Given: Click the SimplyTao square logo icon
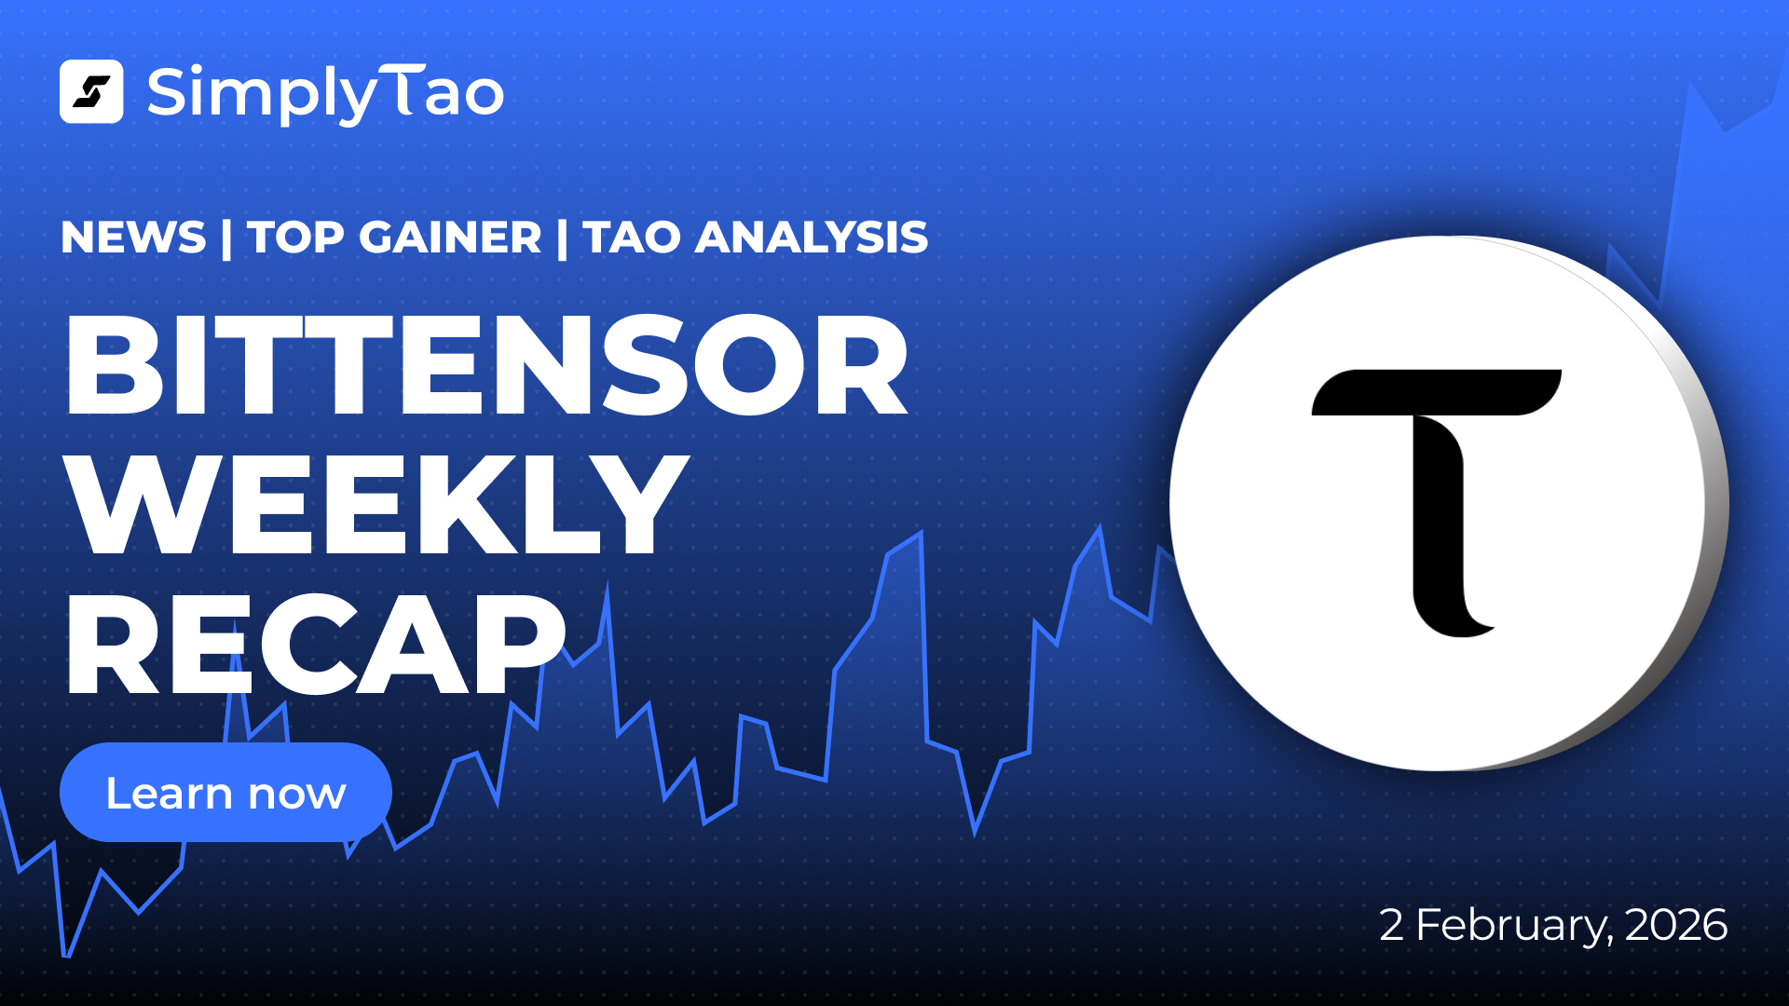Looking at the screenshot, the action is click(x=91, y=91).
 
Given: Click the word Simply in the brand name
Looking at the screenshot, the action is click(x=263, y=94).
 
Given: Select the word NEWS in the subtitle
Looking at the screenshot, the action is click(x=133, y=238).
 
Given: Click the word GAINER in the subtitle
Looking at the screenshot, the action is click(x=450, y=238).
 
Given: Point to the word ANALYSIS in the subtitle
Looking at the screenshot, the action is click(x=812, y=238).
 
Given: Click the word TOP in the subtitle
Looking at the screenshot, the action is click(x=295, y=238).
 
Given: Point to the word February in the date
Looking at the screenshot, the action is click(x=1514, y=926).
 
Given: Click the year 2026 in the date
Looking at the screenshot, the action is click(x=1676, y=925).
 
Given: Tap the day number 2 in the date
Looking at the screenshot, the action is click(x=1391, y=925).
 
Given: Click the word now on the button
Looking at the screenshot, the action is click(x=297, y=795).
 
